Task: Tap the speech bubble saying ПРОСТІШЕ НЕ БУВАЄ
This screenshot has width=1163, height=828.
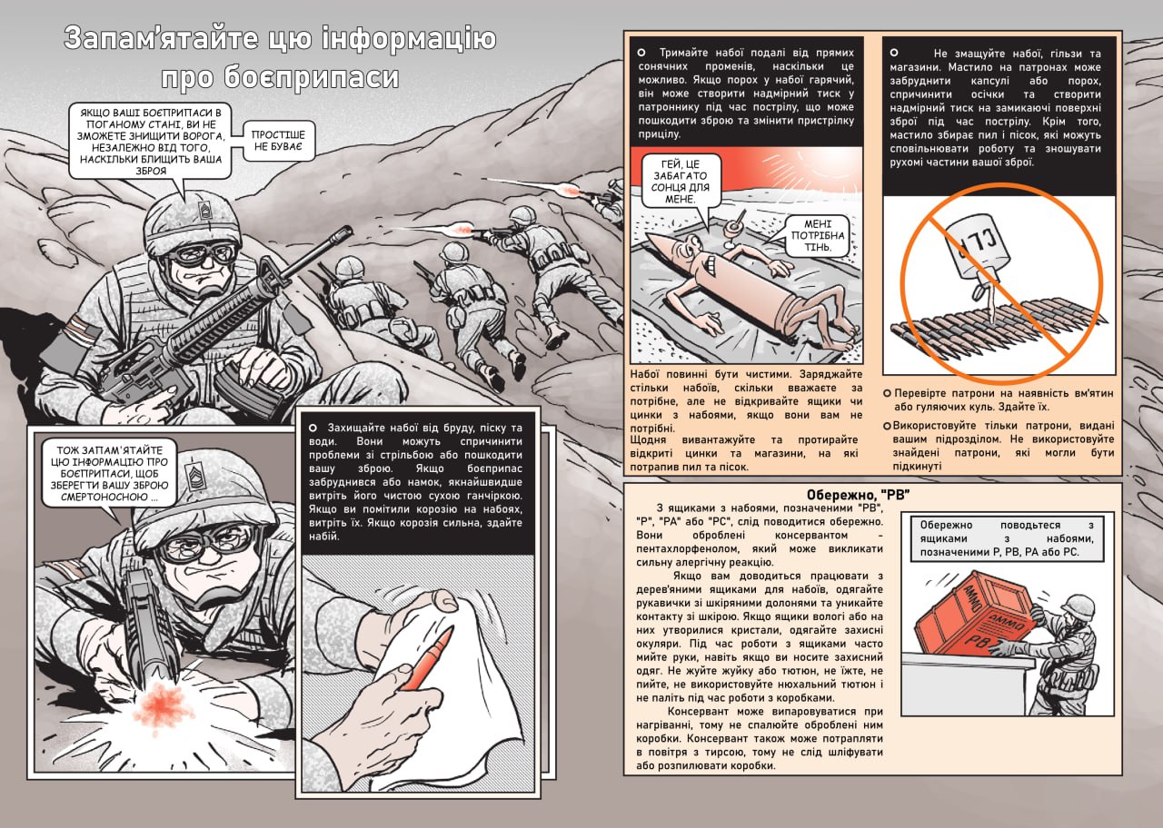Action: [278, 141]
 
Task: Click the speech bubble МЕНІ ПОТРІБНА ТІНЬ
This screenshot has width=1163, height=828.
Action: [817, 235]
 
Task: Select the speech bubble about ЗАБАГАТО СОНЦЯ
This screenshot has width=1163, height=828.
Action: [681, 182]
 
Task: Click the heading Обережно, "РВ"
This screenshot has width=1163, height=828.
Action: [858, 495]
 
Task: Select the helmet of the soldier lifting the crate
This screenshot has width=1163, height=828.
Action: [1077, 605]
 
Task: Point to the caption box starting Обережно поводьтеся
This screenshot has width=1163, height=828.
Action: [1007, 538]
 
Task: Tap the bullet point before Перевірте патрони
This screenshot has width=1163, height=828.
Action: [888, 393]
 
